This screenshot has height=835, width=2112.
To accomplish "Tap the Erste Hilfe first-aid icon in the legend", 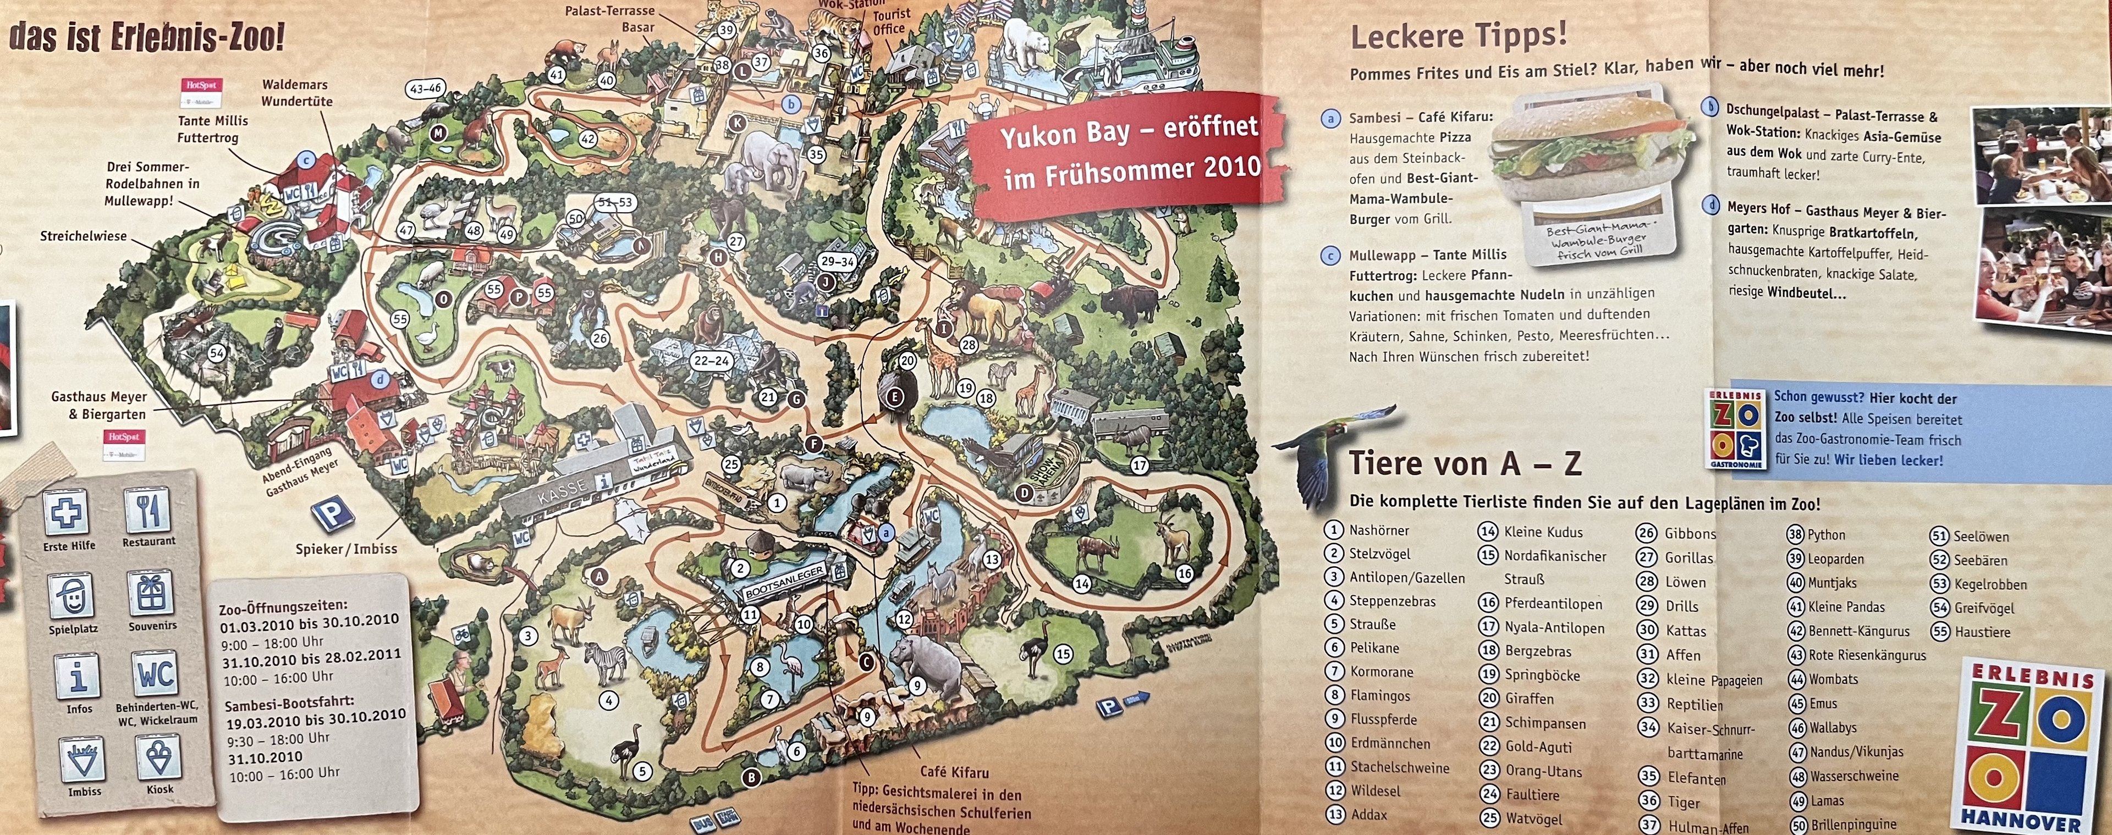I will (x=68, y=512).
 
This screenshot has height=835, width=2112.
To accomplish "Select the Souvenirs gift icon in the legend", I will (x=150, y=593).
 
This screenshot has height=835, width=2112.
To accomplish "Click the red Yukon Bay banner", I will (x=1127, y=153).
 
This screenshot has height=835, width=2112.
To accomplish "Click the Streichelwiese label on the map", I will (x=84, y=236).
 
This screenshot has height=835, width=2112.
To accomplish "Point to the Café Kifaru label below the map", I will (x=954, y=772).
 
